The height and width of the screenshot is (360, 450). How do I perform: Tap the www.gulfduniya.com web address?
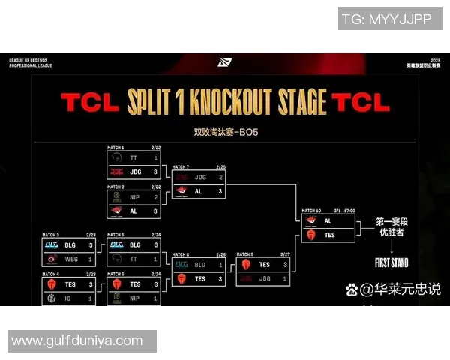76,340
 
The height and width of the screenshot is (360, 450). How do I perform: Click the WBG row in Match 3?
68,258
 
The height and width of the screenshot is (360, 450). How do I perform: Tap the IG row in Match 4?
68,298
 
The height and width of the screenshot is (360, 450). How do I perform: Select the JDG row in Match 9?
264,278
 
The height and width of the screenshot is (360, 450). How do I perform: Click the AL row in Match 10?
328,221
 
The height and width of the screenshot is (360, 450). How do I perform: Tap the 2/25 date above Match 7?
220,166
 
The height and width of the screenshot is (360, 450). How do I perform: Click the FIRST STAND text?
392,262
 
